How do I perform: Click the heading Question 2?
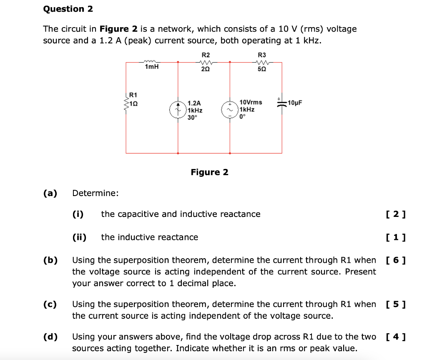(68, 9)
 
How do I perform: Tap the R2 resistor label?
(206, 55)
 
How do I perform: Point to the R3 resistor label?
(262, 55)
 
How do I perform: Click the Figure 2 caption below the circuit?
(209, 172)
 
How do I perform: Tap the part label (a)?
(50, 193)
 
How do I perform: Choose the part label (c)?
(50, 304)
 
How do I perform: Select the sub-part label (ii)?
(79, 237)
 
